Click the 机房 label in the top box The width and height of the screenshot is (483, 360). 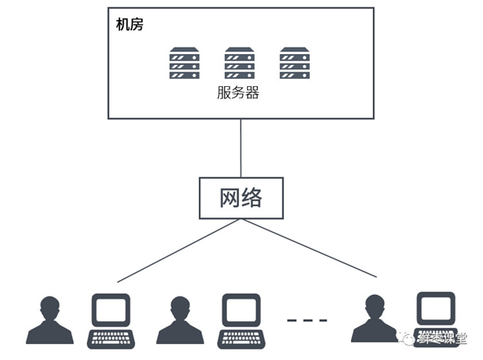point(130,24)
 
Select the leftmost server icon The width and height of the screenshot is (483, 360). point(184,63)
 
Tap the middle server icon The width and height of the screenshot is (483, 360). point(239,63)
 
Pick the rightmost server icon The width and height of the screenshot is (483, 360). point(295,63)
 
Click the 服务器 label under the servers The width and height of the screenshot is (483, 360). point(238,93)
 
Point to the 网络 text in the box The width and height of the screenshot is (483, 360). point(241,197)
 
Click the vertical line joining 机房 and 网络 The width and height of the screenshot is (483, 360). point(241,148)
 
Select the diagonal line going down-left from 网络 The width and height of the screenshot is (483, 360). point(179,250)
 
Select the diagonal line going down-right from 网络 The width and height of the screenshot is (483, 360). point(309,248)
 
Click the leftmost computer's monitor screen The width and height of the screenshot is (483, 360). point(111,310)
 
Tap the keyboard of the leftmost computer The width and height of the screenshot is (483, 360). point(111,339)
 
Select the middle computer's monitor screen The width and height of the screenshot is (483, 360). point(242,310)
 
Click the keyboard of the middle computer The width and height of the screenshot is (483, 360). point(242,339)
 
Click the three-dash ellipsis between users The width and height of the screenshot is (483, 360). point(308,321)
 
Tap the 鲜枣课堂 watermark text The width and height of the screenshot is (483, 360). point(442,339)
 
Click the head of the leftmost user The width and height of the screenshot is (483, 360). point(50,306)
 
